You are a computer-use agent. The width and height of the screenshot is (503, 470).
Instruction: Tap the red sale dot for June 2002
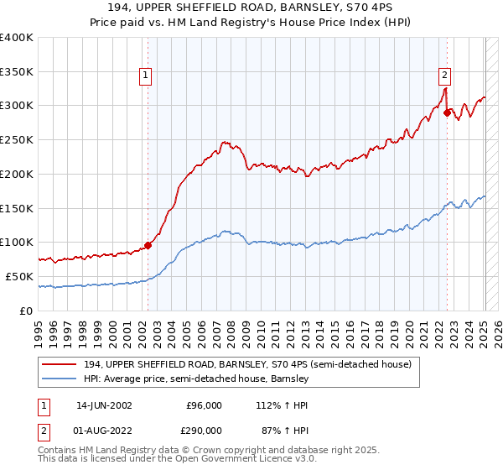pos(148,245)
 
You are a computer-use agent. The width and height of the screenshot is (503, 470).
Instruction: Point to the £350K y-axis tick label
pos(17,71)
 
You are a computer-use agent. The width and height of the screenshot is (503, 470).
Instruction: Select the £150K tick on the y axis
pos(17,208)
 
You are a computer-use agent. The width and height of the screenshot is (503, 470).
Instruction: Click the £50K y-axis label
pos(20,276)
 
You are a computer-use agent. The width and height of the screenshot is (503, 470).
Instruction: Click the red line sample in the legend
pos(59,365)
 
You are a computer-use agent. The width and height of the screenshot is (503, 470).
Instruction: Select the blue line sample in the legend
pos(59,379)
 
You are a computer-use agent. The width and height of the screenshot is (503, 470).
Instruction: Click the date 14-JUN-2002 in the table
pos(104,405)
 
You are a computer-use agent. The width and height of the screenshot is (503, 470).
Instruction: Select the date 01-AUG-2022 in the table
pos(104,430)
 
